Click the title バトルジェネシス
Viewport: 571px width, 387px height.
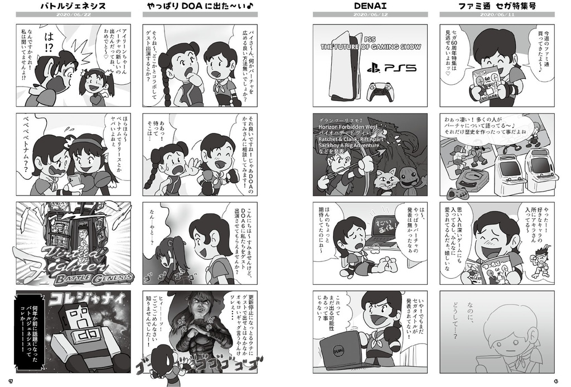(73, 7)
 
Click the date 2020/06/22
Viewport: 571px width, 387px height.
(73, 16)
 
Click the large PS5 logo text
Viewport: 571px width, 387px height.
(391, 69)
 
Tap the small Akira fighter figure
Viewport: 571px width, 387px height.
(539, 259)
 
